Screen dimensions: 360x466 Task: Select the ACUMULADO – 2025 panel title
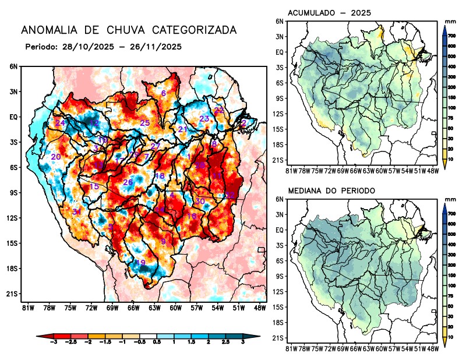click(330, 13)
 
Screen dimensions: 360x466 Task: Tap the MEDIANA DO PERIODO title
click(331, 190)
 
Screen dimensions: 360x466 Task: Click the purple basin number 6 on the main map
click(164, 93)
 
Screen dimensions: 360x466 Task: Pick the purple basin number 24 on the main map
click(60, 123)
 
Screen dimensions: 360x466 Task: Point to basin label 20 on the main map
click(56, 157)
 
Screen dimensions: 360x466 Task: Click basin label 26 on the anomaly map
click(128, 182)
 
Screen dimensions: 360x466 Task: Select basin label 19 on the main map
click(140, 263)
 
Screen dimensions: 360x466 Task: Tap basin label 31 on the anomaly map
click(77, 211)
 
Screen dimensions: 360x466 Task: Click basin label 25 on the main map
click(145, 123)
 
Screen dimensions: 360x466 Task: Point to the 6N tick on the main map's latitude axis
click(13, 66)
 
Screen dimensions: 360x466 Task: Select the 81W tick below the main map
click(27, 308)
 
